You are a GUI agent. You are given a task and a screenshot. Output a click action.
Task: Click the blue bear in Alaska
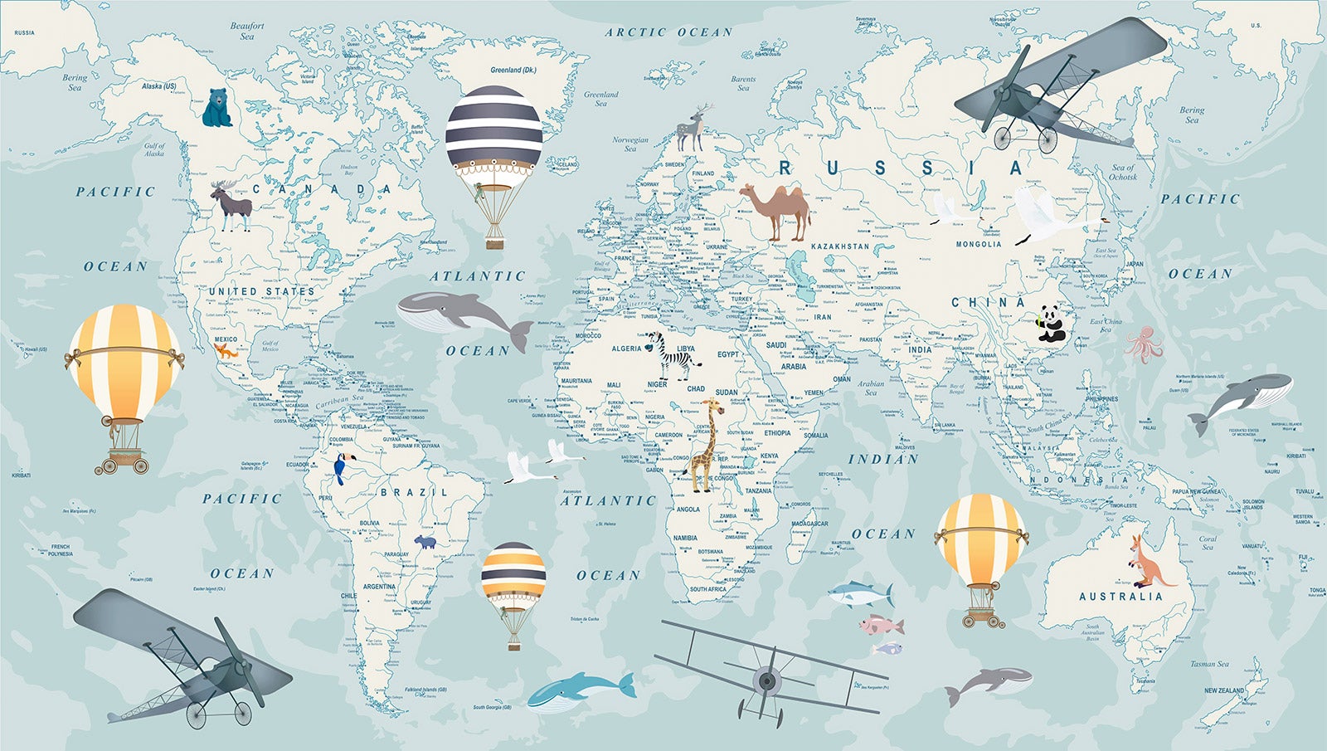tap(216, 109)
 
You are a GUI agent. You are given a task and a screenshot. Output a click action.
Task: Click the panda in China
tap(1051, 324)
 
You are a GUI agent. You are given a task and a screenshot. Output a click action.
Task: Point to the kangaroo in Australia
tap(1149, 562)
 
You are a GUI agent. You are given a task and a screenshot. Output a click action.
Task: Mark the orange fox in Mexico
tap(225, 351)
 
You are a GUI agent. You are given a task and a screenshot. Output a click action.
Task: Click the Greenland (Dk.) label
tap(513, 71)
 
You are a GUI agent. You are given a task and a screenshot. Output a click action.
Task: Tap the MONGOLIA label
tap(979, 244)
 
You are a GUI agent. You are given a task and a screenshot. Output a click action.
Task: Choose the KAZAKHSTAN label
tap(840, 246)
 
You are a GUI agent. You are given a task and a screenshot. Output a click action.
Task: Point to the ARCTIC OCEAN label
tap(668, 32)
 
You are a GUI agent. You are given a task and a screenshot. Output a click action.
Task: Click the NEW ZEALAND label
tap(1224, 690)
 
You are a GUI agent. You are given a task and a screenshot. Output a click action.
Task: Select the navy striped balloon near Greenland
tap(494, 133)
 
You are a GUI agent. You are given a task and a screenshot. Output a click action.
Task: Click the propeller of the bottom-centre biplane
tap(767, 681)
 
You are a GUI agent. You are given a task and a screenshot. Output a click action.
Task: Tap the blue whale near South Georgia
tap(579, 691)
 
